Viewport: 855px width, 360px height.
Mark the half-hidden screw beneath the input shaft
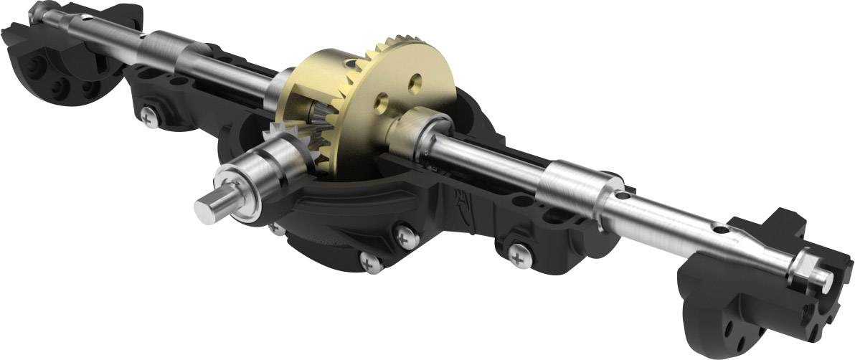(275, 228)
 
